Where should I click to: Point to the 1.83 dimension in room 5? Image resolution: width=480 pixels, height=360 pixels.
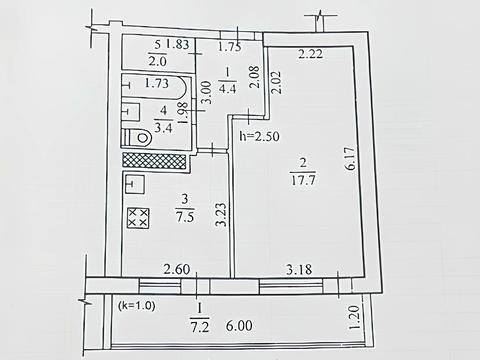click(x=178, y=44)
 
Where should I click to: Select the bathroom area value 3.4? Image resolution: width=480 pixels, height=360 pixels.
click(x=161, y=126)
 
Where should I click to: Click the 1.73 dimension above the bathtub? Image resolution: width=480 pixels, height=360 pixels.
click(x=156, y=84)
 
